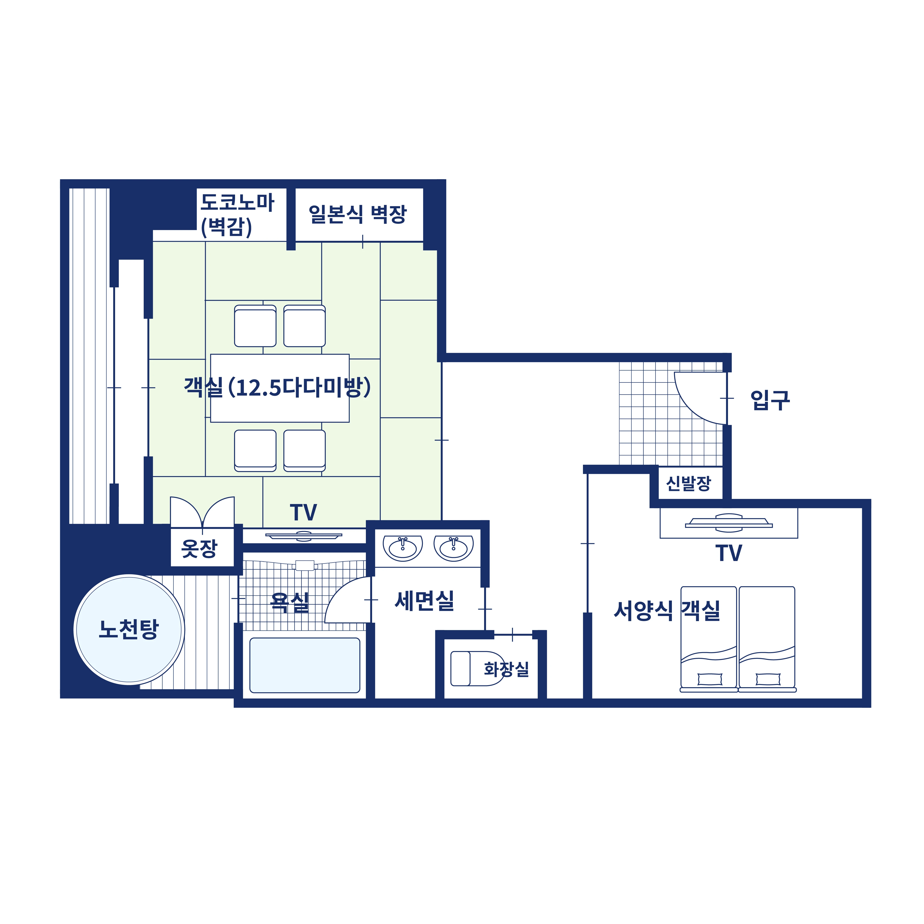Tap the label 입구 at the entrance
[770, 400]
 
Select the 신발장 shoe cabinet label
[689, 484]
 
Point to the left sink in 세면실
[403, 548]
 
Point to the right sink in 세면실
[453, 548]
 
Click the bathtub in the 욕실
[305, 665]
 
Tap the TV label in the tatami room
[303, 513]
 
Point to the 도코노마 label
[237, 202]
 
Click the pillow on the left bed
[710, 679]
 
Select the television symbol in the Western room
[729, 523]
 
